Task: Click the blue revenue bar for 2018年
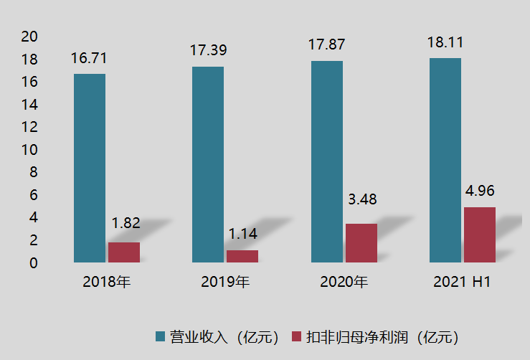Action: [90, 168]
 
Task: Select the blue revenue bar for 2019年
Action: [208, 164]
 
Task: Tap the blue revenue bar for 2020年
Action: [326, 161]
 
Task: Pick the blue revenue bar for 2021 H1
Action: [445, 160]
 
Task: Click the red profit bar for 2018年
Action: [124, 252]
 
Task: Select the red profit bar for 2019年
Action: [242, 256]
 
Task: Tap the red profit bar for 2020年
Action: [361, 243]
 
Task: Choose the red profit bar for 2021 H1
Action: [480, 235]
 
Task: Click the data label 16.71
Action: [89, 58]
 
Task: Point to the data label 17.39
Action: [207, 51]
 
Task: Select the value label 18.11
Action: [445, 42]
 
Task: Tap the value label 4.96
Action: [481, 191]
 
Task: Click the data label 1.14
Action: [243, 234]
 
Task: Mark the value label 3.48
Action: [362, 199]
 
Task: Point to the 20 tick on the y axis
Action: [31, 37]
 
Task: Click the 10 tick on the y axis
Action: [31, 150]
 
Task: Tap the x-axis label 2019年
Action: [225, 282]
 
